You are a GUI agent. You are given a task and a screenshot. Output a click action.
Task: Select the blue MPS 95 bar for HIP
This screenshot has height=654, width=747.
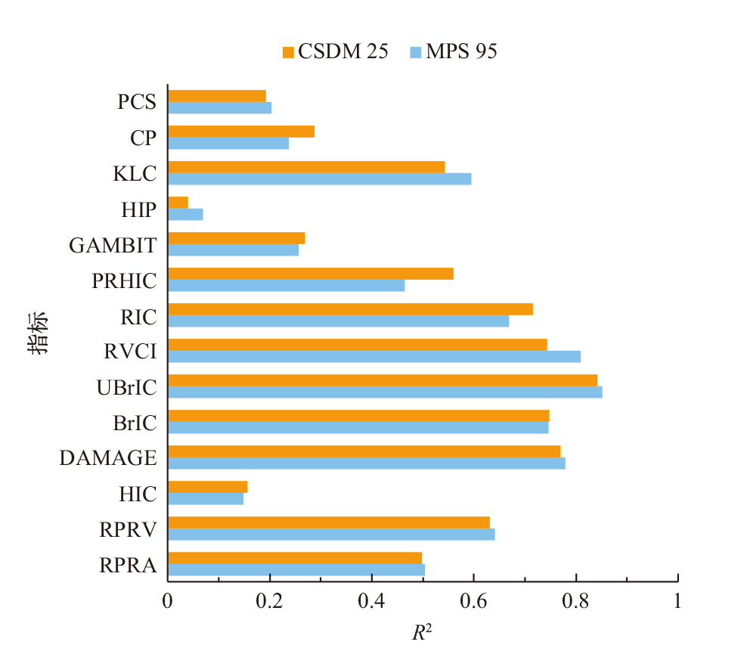coord(185,214)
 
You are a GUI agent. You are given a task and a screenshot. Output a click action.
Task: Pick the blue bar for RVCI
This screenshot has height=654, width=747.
coord(373,356)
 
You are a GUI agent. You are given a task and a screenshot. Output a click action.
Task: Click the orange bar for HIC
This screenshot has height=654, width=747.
coord(207,486)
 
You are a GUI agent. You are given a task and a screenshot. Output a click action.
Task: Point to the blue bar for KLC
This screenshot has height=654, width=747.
coord(319,178)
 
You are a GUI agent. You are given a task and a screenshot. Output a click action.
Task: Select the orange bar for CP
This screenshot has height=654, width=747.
coord(240,132)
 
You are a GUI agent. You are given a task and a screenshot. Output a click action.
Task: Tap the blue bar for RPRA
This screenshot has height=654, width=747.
coord(296,569)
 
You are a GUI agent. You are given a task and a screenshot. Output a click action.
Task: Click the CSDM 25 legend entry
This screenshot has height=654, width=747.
coord(336,51)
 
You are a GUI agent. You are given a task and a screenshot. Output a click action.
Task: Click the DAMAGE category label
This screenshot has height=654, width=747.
coord(108,458)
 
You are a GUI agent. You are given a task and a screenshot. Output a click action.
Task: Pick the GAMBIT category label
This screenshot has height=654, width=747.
coord(113,245)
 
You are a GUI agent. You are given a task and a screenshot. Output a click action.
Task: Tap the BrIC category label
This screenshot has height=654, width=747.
coord(135,423)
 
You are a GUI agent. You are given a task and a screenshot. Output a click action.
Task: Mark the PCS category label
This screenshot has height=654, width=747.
coord(137,102)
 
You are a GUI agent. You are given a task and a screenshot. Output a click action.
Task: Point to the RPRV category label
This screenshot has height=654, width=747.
coord(129,529)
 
